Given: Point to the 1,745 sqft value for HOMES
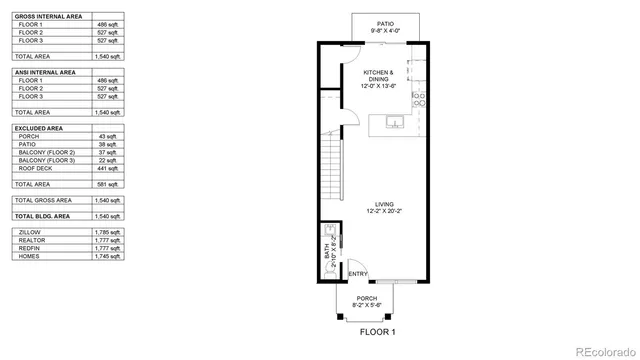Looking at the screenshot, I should [x=107, y=256].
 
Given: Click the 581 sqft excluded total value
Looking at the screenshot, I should [x=107, y=184].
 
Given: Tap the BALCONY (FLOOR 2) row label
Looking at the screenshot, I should [x=48, y=153].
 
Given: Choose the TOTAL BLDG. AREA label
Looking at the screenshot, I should [x=42, y=215].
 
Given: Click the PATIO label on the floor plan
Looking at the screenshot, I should [x=384, y=23].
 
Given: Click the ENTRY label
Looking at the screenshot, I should [x=357, y=274].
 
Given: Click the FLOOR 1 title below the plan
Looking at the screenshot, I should [x=378, y=331].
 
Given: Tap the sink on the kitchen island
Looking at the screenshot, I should [x=394, y=123].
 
